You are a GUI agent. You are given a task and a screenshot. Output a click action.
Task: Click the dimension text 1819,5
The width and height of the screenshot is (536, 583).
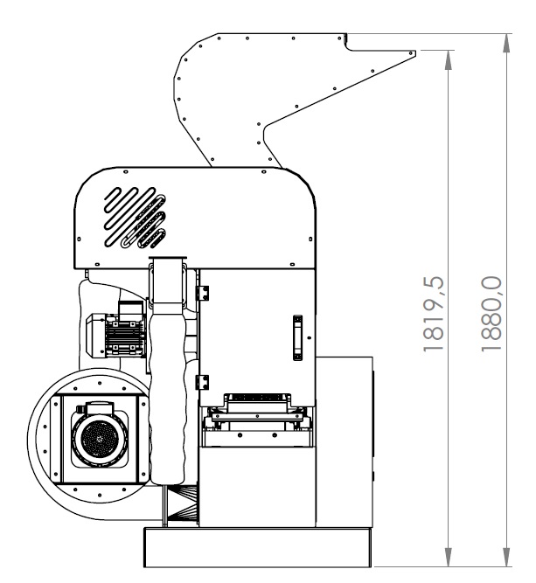point(434,314)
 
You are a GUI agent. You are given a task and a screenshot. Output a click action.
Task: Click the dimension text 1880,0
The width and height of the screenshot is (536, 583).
point(491,314)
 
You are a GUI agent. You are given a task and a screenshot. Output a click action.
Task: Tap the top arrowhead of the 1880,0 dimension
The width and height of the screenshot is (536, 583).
point(506,43)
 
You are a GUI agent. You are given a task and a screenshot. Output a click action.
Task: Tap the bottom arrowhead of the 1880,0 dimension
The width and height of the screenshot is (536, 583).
point(506,557)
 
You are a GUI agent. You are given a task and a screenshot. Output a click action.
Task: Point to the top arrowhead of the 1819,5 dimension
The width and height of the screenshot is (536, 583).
point(449,59)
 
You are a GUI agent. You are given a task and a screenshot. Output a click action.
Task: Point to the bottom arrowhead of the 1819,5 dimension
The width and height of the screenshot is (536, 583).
point(449,557)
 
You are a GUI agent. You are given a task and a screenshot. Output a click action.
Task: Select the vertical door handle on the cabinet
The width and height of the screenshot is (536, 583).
point(297,337)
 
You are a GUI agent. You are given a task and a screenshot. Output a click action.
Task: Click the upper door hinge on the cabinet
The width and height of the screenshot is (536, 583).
point(203,293)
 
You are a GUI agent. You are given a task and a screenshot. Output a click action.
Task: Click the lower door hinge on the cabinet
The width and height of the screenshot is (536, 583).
point(203,382)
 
